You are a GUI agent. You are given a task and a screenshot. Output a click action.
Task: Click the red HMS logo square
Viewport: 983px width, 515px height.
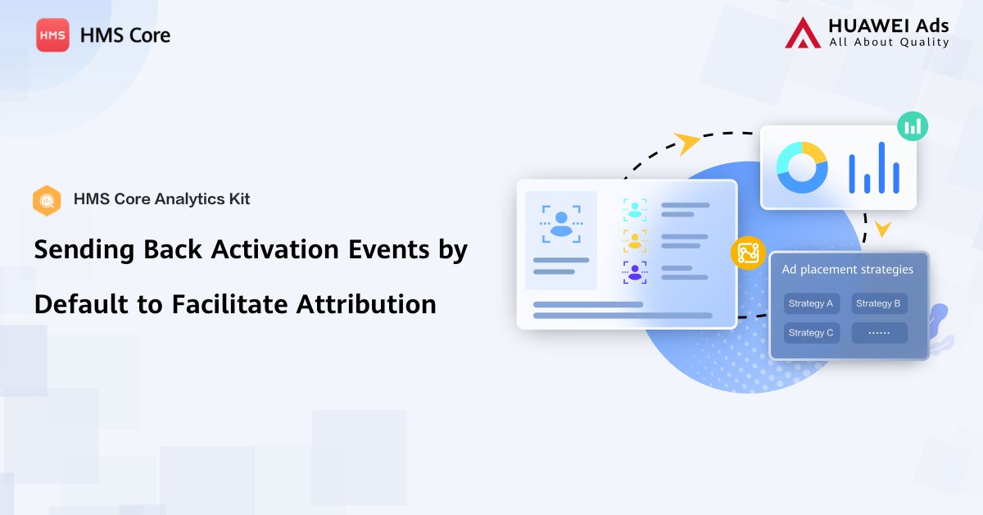[x=52, y=35]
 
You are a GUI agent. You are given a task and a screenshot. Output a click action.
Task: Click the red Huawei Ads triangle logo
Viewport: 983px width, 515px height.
[x=802, y=33]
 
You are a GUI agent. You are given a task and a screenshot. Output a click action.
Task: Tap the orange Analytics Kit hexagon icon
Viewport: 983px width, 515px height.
[x=47, y=200]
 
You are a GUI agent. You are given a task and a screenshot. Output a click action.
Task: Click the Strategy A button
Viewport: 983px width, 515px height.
[x=811, y=303]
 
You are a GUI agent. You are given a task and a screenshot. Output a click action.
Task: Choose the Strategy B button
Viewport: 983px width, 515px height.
[x=879, y=303]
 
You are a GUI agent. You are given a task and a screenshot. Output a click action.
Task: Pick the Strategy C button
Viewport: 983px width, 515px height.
[x=811, y=333]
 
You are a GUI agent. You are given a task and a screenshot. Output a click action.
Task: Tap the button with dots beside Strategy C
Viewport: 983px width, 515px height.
[x=879, y=333]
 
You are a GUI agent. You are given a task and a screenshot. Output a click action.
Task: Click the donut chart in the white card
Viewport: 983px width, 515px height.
[x=802, y=167]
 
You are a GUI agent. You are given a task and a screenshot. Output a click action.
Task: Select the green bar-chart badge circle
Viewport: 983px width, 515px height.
[x=913, y=126]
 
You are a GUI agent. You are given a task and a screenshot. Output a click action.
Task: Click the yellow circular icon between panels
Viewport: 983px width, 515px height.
[x=747, y=253]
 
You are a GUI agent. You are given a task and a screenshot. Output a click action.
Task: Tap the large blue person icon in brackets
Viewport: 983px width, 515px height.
[x=561, y=223]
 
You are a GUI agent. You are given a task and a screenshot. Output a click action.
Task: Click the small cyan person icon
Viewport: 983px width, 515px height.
[x=635, y=209]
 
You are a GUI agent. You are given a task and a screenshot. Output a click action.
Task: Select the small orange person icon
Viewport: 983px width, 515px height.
[x=635, y=240]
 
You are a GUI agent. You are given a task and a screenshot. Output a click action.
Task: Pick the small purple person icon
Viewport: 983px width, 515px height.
[x=635, y=272]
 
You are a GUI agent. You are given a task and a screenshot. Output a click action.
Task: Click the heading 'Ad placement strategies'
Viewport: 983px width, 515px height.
[x=847, y=270]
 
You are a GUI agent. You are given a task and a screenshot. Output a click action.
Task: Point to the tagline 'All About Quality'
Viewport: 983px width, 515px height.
[x=889, y=43]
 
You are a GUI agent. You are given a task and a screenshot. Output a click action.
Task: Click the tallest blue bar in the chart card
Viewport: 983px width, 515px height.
[x=881, y=167]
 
